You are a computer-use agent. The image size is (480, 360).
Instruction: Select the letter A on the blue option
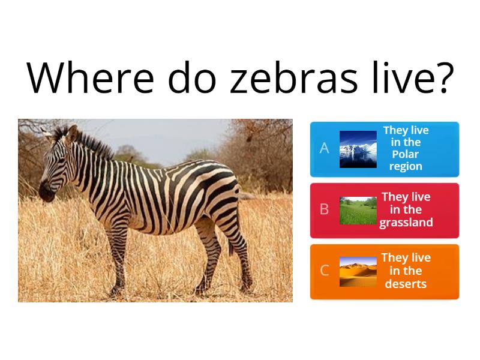pos(325,148)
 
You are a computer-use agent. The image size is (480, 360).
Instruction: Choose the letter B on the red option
pos(325,209)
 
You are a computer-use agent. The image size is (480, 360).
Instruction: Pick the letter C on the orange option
pos(325,271)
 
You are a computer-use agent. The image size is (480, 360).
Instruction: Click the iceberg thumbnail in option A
pos(358,149)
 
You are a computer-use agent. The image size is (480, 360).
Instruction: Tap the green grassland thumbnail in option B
pos(358,210)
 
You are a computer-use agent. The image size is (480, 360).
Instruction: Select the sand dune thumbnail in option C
pos(358,271)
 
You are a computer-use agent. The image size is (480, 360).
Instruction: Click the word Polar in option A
pos(406,154)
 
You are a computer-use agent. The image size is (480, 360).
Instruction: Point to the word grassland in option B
pos(406,223)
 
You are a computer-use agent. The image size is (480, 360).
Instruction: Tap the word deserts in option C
pos(406,284)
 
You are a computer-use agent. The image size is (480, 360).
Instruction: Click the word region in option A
pos(406,166)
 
